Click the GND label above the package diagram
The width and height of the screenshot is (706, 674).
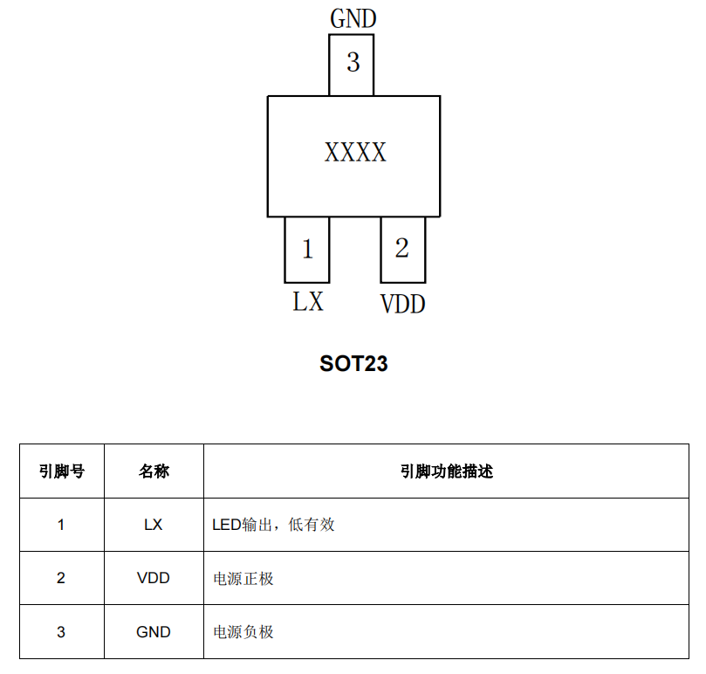[x=353, y=19]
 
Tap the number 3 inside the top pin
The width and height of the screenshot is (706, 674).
[x=353, y=62]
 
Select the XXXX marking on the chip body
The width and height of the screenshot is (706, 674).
[x=355, y=152]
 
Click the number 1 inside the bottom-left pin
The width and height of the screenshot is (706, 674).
[x=307, y=249]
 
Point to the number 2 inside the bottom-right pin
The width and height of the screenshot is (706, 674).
[x=402, y=248]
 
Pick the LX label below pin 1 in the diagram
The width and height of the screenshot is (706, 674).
[x=308, y=301]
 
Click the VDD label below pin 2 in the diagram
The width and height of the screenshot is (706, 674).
[x=403, y=304]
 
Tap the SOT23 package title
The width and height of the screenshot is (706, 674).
[x=353, y=363]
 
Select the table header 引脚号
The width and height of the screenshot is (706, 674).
[x=62, y=471]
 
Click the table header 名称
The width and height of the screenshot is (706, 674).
[x=154, y=471]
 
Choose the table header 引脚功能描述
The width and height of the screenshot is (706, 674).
[x=447, y=471]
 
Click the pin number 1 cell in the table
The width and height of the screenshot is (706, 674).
[x=61, y=525]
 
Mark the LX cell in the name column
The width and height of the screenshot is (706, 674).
[x=153, y=525]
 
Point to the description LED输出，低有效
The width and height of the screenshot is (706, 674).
[x=273, y=525]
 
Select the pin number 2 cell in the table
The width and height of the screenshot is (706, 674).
[x=61, y=578]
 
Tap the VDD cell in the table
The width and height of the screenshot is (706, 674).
[x=153, y=578]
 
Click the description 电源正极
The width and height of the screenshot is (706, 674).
[x=243, y=579]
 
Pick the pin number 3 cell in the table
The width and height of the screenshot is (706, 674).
[x=61, y=632]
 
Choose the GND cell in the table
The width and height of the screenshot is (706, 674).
[x=153, y=632]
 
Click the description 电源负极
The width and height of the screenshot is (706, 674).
[x=243, y=632]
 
